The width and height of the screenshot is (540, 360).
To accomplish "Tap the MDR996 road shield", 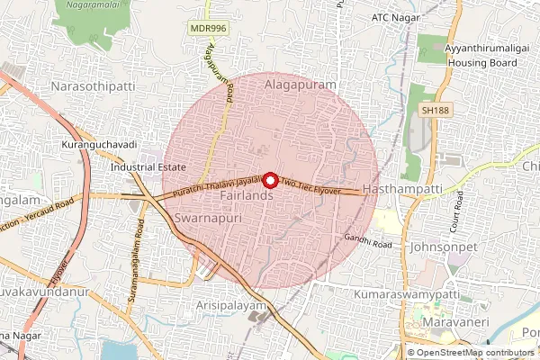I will [207, 29].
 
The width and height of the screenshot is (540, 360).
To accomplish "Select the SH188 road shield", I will [432, 110].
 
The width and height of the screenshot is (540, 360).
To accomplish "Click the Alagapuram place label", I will [300, 84].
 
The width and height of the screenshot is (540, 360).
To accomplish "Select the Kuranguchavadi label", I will [97, 145].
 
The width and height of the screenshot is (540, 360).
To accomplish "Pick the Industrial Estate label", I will [148, 167].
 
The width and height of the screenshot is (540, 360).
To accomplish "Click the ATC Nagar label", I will [397, 18].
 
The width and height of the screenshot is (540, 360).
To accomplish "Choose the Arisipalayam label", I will [232, 307].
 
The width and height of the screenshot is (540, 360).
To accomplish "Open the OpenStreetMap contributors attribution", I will [476, 353].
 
